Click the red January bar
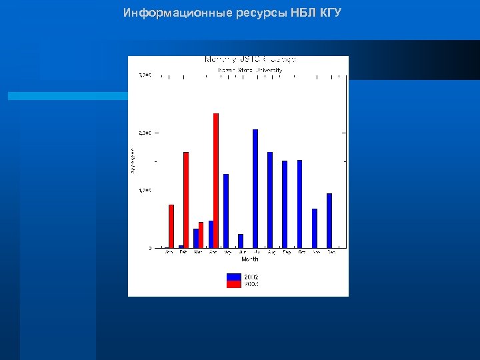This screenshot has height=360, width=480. coord(171,226)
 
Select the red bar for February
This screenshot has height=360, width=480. coord(186,200)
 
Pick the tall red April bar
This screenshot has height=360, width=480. coord(216,181)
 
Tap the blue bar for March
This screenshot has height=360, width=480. coord(196,238)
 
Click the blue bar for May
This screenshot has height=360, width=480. coord(226,211)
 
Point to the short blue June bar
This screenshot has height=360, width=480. coord(241,241)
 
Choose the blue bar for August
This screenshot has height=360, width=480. coord(270,200)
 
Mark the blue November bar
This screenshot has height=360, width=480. coord(315,228)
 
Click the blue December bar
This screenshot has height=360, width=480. coord(329,221)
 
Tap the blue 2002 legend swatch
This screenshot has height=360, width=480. coord(233,277)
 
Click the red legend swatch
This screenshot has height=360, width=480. coord(233,284)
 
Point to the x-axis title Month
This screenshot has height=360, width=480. coord(250,259)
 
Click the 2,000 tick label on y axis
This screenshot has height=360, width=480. coord(145,133)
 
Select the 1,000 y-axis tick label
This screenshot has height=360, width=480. coord(145,191)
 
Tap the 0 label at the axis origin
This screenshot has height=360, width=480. coord(150,248)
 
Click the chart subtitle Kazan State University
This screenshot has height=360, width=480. coord(250,69)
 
